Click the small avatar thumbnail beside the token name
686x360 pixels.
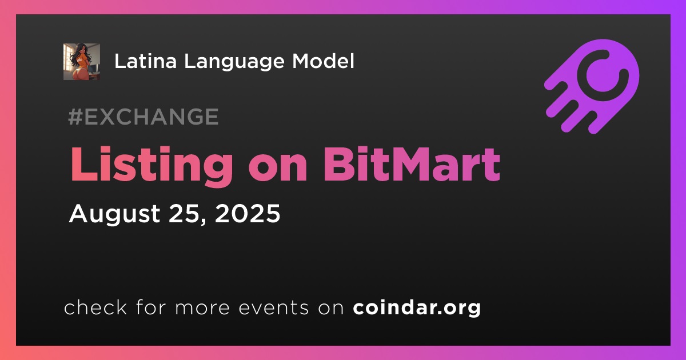coord(81,62)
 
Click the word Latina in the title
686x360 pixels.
coord(145,61)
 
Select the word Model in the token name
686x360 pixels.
coord(323,61)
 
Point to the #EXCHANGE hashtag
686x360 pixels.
coord(143,117)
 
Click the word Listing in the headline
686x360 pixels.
coord(151,166)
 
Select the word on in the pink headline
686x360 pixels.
coord(278,169)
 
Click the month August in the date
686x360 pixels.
coord(114,214)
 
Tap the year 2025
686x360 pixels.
coord(248,213)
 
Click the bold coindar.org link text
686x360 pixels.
coord(417,308)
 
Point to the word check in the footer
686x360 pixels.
coord(95,307)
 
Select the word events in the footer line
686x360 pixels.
coord(274,308)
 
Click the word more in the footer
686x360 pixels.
coord(202,309)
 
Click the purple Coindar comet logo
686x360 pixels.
coord(592,86)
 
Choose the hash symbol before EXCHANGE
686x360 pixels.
coord(75,117)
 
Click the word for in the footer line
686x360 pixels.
coord(151,307)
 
